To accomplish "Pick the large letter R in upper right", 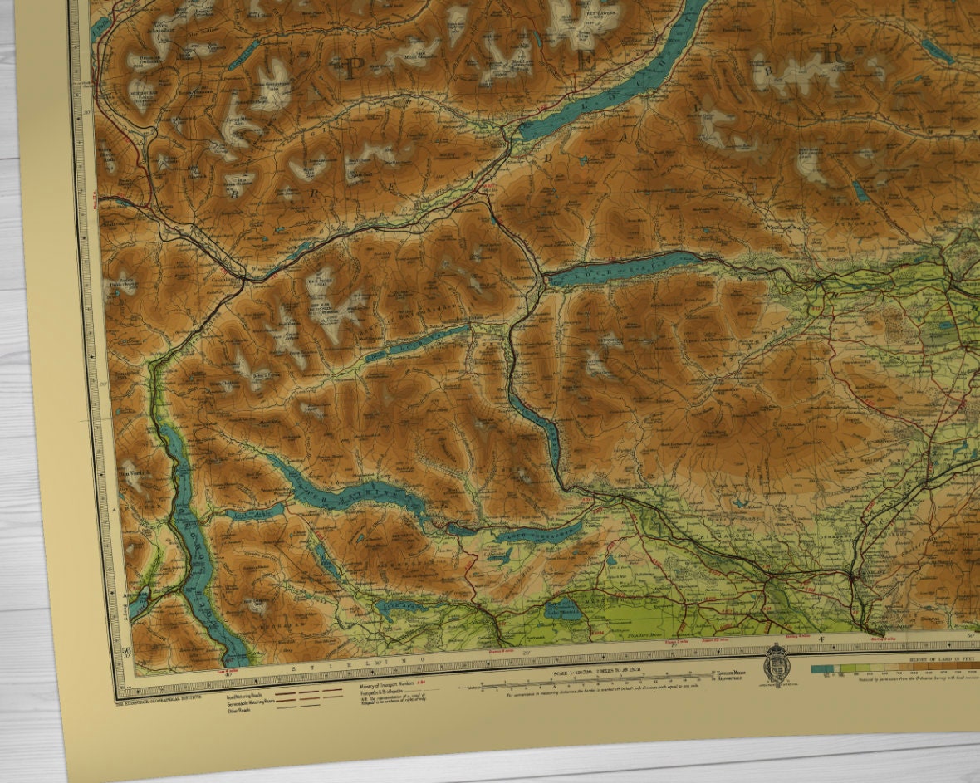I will [x=833, y=51].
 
